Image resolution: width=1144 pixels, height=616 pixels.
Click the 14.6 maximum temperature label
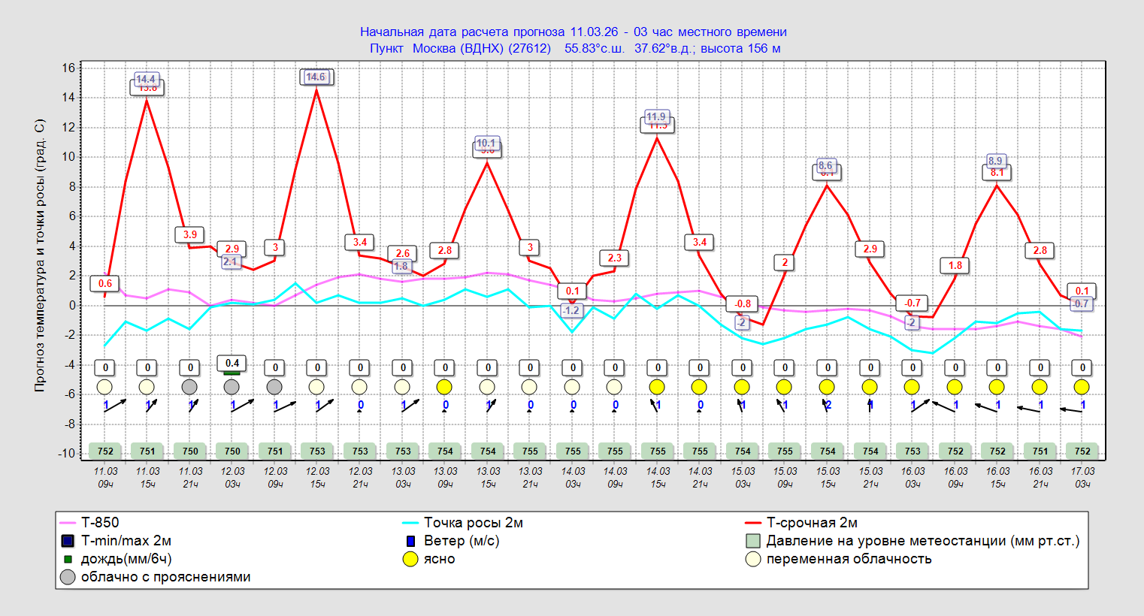tap(316, 77)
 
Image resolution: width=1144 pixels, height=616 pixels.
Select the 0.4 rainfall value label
tap(232, 363)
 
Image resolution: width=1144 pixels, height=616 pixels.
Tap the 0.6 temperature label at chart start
tap(105, 283)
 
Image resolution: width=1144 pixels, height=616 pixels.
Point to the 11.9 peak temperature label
tap(656, 116)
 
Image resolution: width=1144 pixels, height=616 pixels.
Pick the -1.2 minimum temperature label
tap(572, 310)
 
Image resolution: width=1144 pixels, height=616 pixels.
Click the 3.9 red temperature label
tap(190, 234)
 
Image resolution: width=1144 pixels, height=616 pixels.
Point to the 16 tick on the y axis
tap(68, 68)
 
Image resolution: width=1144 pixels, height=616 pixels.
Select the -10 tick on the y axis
tap(66, 453)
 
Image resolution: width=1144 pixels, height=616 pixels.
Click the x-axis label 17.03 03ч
tap(1082, 477)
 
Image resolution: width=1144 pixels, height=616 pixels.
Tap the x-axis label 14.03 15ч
tap(658, 477)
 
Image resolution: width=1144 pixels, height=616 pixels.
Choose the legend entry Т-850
tap(99, 523)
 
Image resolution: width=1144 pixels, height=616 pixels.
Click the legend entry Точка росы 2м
tap(473, 523)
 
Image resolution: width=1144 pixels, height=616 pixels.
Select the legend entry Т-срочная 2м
tap(811, 523)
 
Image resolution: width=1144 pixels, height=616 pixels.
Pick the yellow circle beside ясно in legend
tap(410, 559)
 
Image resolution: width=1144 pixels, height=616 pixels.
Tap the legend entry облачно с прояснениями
tap(165, 577)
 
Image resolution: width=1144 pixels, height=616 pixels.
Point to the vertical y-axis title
tap(40, 255)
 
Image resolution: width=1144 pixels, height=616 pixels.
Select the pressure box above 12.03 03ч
tap(232, 451)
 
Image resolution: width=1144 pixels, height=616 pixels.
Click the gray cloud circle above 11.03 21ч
tap(190, 387)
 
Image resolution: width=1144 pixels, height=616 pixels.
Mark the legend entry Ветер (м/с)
tap(461, 541)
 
